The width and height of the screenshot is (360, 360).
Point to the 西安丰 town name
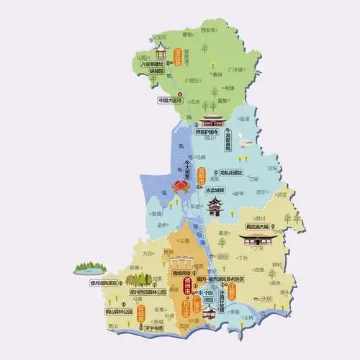[208, 31]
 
